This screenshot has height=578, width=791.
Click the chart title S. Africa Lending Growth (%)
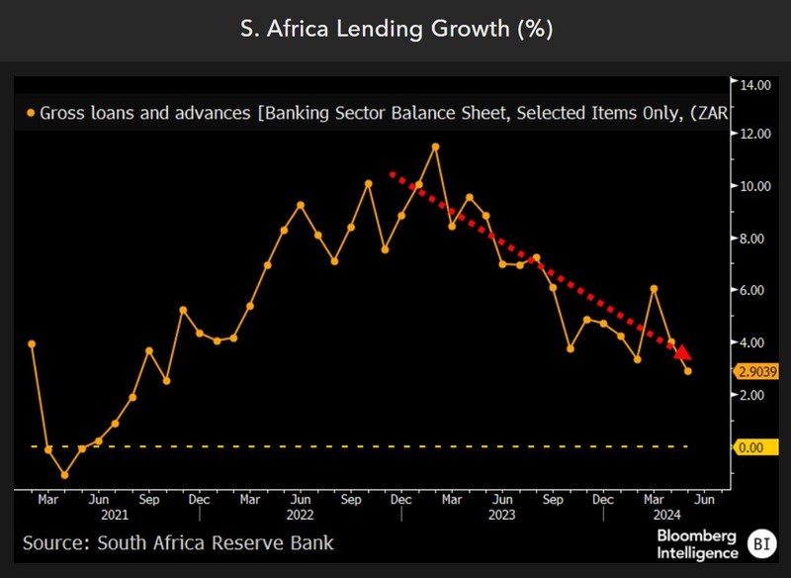tap(395, 30)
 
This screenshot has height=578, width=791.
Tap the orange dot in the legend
tap(32, 114)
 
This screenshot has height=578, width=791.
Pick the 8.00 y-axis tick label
tap(753, 239)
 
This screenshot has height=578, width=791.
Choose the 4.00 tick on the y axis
tap(753, 342)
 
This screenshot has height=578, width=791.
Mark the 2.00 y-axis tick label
tap(753, 395)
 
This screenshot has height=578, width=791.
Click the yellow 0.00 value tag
tap(750, 447)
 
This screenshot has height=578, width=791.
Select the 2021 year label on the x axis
tap(115, 515)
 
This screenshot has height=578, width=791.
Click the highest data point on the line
tap(435, 146)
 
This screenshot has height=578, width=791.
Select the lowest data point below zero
tap(65, 475)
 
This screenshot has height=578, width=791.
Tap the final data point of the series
tap(688, 371)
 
